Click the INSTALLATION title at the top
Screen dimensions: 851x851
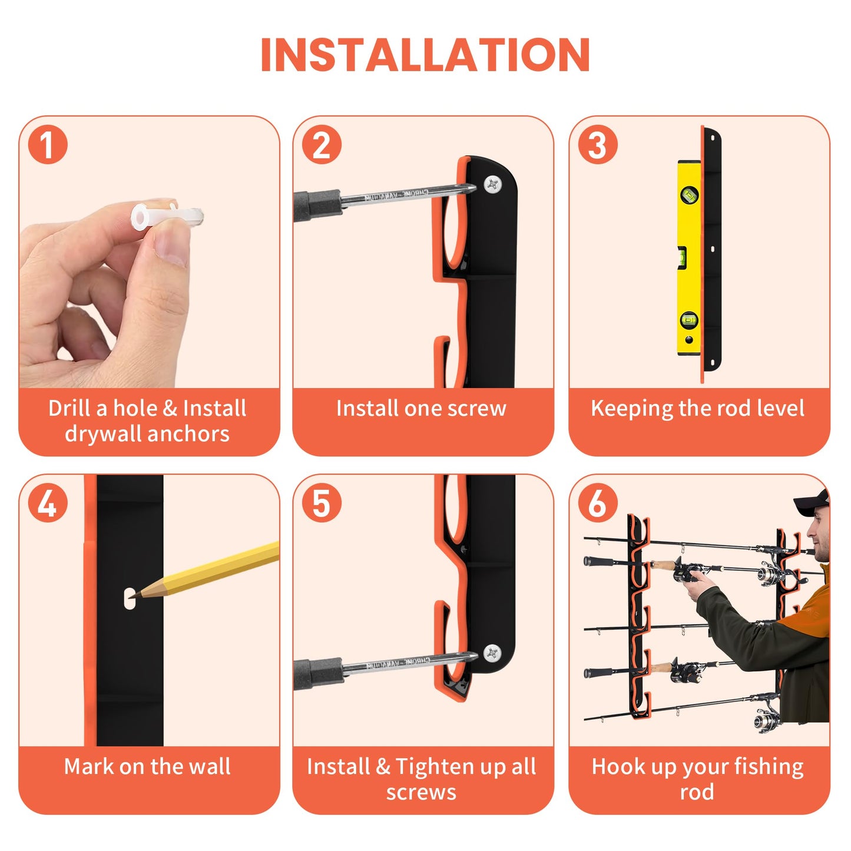click(x=425, y=55)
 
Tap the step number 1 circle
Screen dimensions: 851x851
click(x=48, y=145)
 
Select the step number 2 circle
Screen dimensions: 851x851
click(x=322, y=145)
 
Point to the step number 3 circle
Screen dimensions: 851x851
click(x=597, y=145)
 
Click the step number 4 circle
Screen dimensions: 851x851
click(x=48, y=504)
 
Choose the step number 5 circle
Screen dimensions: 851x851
click(x=322, y=504)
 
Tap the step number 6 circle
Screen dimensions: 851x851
click(x=597, y=504)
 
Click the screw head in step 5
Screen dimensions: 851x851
click(x=492, y=653)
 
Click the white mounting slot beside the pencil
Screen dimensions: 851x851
click(x=128, y=599)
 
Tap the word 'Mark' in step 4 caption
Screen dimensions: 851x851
click(x=89, y=767)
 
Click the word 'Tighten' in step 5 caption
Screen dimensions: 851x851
click(x=435, y=767)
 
